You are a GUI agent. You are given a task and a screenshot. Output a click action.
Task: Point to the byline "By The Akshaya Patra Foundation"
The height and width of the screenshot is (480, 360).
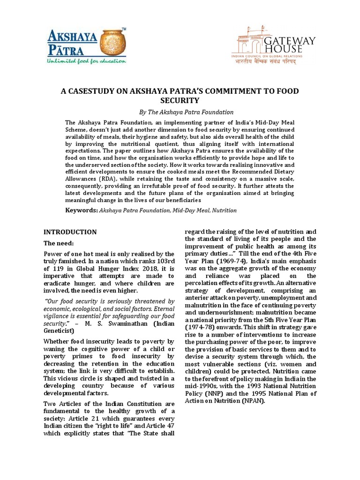(180, 112)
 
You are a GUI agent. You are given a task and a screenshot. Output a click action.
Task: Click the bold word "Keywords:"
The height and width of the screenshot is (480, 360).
(81, 210)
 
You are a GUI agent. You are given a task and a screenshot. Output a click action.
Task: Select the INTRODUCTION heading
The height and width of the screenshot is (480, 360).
(70, 232)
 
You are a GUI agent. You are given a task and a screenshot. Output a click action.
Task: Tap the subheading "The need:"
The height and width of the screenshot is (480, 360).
(59, 243)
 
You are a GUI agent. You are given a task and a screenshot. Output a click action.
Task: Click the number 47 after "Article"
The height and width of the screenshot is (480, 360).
(169, 426)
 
